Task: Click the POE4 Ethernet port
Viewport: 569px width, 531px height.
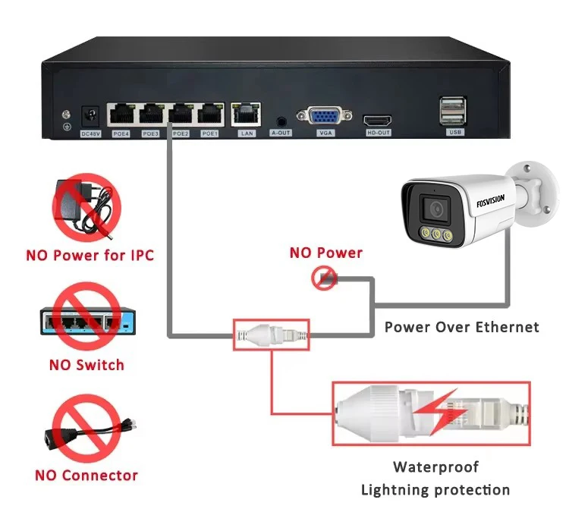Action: coord(121,115)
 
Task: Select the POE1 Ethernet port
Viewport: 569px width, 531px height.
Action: coord(209,115)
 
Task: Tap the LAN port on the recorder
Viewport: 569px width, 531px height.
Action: coord(247,115)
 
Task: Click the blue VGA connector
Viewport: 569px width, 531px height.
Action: coord(325,117)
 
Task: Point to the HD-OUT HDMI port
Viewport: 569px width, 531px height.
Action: coord(377,120)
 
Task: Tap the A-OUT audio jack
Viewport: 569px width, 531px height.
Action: coord(281,120)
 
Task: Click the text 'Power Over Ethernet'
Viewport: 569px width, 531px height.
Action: coord(461,327)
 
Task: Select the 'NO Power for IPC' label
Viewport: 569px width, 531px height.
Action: coord(90,255)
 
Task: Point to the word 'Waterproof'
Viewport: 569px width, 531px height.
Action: coord(435,467)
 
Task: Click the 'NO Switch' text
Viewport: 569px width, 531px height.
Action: coord(86,365)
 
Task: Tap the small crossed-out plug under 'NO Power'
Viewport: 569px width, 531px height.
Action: coord(324,278)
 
